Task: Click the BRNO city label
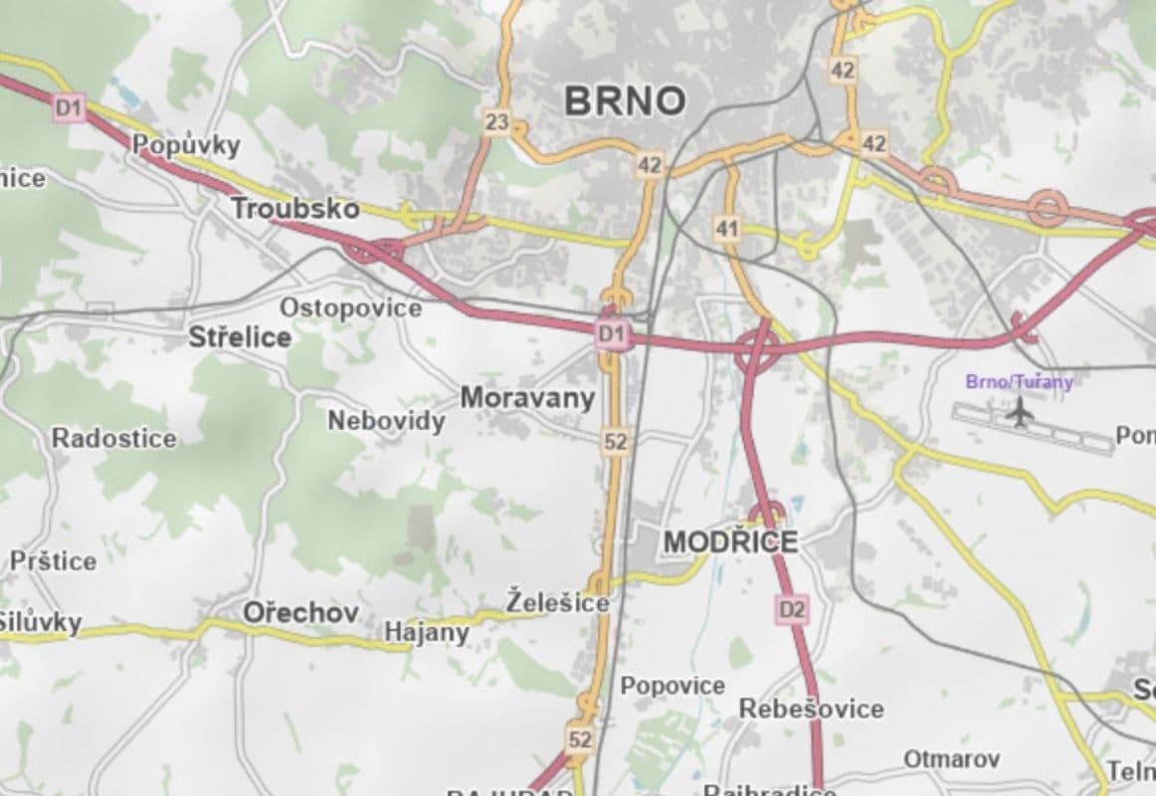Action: coord(625,100)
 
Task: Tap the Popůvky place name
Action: coord(187,145)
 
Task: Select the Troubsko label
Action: coord(294,208)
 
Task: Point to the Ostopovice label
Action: coord(350,307)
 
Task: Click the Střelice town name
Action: coord(240,337)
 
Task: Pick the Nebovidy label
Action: coord(386,421)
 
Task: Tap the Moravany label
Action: coord(527,398)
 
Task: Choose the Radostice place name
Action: coord(113,438)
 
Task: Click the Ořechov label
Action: coord(300,613)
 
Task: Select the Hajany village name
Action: coord(426,633)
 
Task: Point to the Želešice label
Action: coord(557,602)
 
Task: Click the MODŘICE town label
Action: coord(730,542)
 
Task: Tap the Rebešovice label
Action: coord(811,708)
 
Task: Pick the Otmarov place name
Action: coord(951,759)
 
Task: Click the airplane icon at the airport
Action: coord(1018,410)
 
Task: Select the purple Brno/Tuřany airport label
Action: coord(1019,381)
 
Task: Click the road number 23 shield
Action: coord(496,123)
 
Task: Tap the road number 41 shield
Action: coord(727,230)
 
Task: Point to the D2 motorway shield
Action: coord(792,608)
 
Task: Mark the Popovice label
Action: coord(673,686)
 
